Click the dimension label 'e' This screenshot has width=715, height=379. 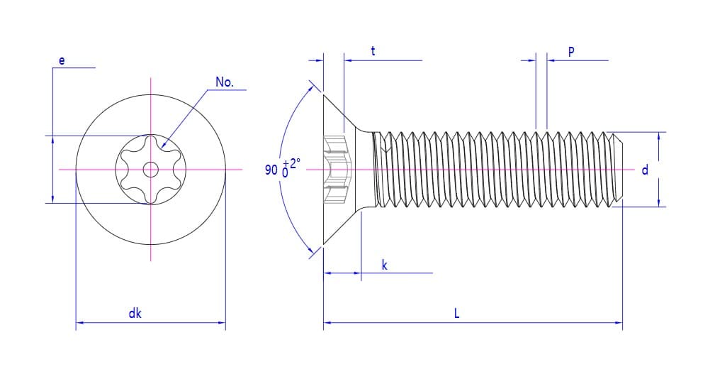(62, 61)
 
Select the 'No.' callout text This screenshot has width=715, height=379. (224, 82)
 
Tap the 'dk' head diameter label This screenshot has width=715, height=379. (135, 313)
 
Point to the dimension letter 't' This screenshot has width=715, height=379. (373, 51)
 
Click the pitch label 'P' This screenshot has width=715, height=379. (571, 51)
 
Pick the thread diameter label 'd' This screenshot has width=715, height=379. (645, 170)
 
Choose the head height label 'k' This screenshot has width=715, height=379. (384, 265)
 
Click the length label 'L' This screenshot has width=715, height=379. (457, 313)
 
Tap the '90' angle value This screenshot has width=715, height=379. (271, 170)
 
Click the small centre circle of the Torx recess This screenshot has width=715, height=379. (150, 170)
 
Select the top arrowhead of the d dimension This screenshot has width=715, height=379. (659, 136)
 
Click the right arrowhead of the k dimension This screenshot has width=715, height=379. (358, 273)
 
